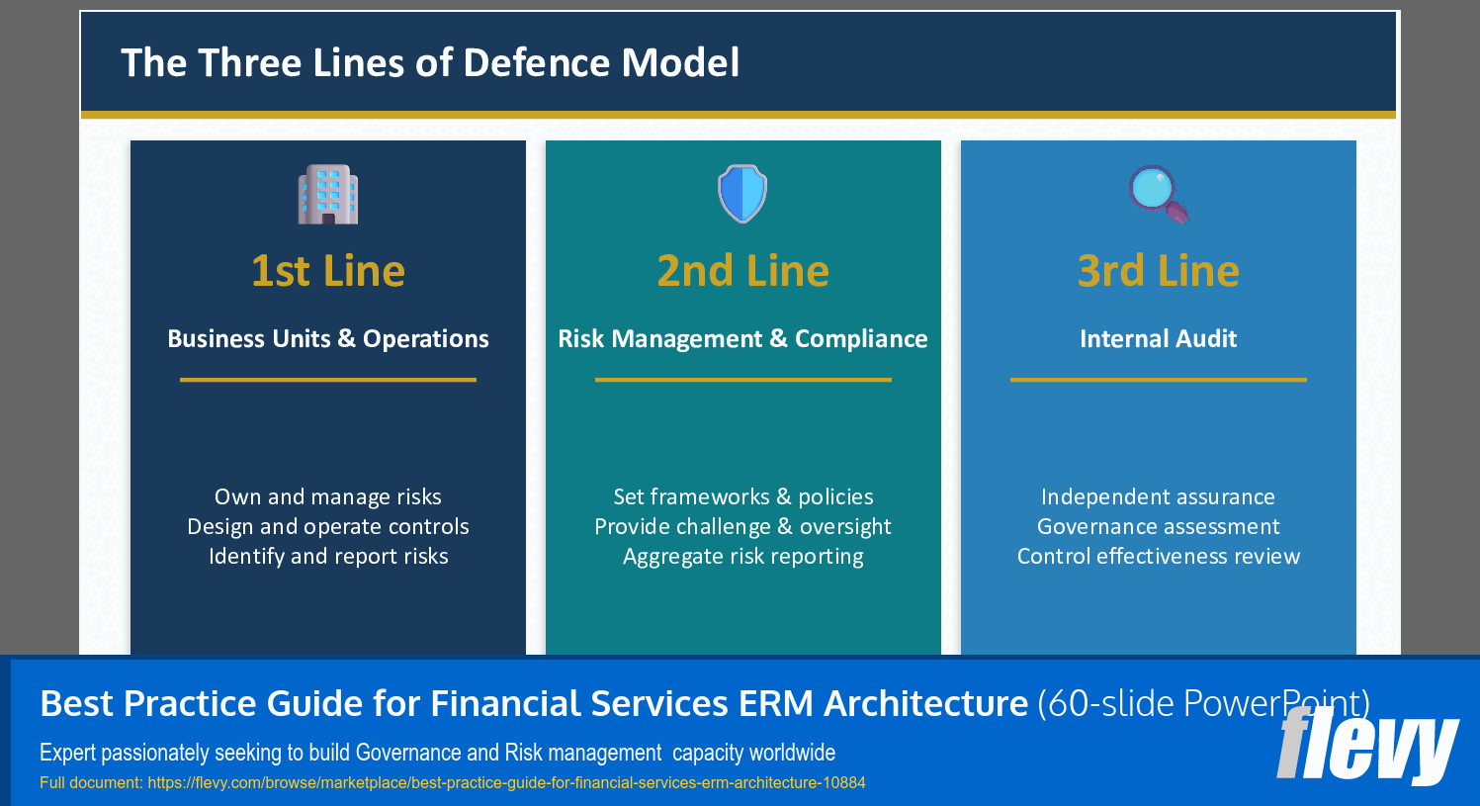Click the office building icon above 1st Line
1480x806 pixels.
pyautogui.click(x=328, y=194)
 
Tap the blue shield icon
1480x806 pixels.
pyautogui.click(x=742, y=194)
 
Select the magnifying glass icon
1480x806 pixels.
pyautogui.click(x=1158, y=194)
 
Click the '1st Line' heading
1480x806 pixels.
pyautogui.click(x=328, y=271)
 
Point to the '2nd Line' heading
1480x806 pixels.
pyautogui.click(x=742, y=271)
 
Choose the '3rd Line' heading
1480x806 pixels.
pyautogui.click(x=1158, y=271)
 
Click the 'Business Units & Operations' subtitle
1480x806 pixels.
pyautogui.click(x=328, y=339)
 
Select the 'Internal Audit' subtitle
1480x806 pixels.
pyautogui.click(x=1158, y=339)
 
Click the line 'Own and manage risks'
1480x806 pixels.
pyautogui.click(x=328, y=497)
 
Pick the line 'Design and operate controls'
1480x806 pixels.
pyautogui.click(x=328, y=527)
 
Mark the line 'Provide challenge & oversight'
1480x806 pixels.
pyautogui.click(x=742, y=527)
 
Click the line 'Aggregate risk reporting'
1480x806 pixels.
pyautogui.click(x=742, y=557)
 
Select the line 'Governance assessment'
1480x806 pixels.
pyautogui.click(x=1158, y=527)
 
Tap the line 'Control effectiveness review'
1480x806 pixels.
pyautogui.click(x=1158, y=557)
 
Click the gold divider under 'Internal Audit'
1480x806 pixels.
pyautogui.click(x=1158, y=379)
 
